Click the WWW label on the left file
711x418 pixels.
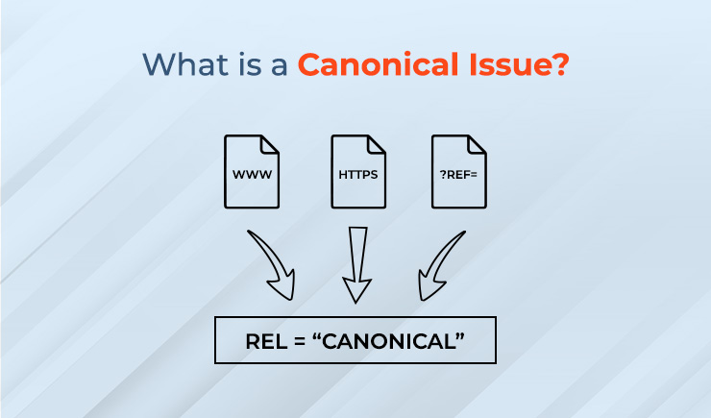tap(252, 176)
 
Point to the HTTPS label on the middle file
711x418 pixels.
tap(358, 176)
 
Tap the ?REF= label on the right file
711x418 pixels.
tap(459, 176)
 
